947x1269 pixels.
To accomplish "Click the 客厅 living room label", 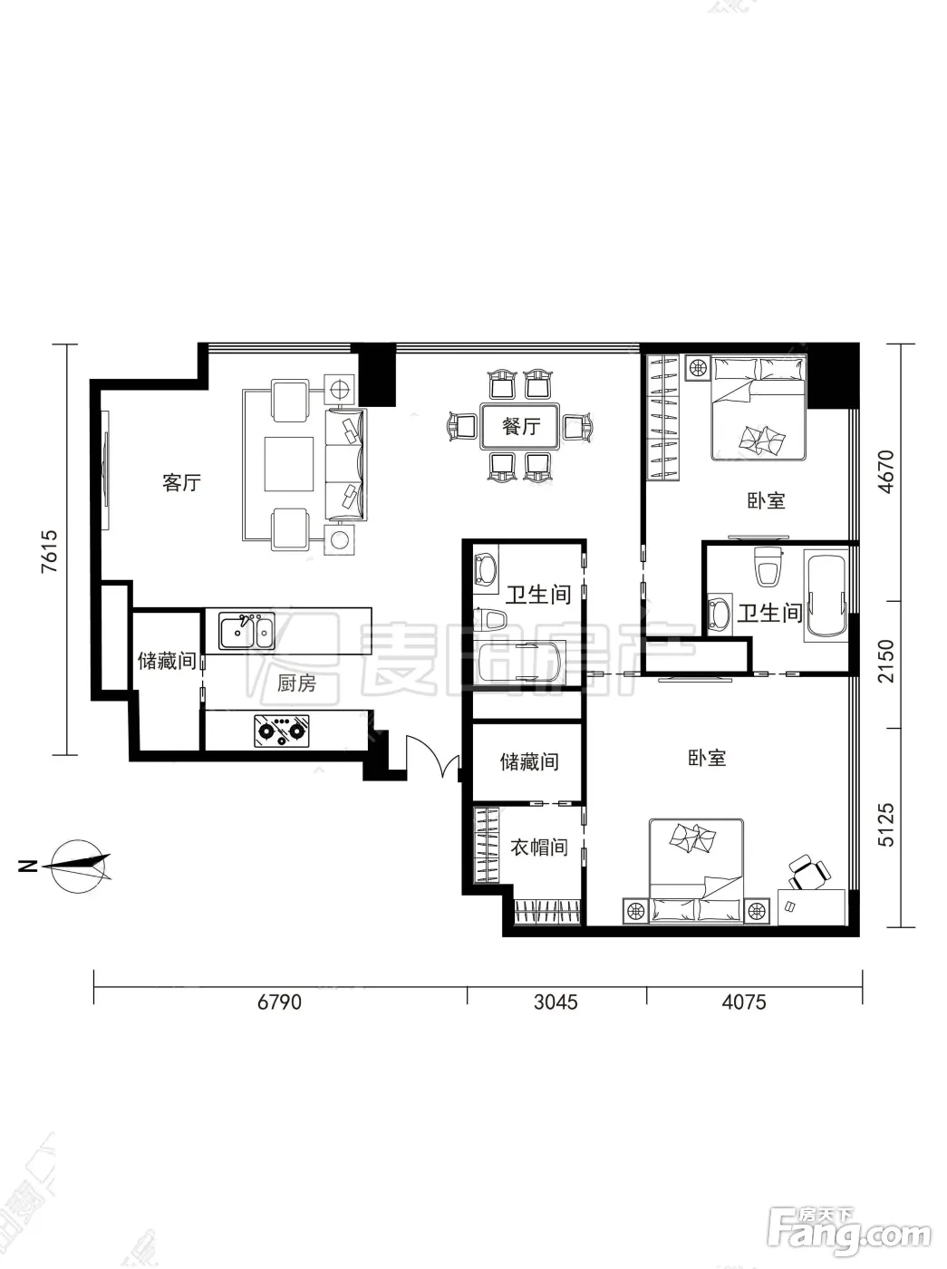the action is pos(181,482).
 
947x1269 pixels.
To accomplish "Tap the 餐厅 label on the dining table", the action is pos(520,427).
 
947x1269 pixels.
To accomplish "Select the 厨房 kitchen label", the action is pos(296,683).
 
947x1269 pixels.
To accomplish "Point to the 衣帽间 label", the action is pos(538,848).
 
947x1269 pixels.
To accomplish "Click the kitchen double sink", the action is pos(246,631).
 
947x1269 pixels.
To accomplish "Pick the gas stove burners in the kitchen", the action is pos(282,731).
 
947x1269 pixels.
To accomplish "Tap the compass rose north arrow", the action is pos(81,865).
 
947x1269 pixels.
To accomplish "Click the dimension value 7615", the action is pos(50,551).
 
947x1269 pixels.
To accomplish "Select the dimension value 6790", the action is pos(280,1002).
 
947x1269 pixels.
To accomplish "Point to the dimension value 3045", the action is pos(556,1002).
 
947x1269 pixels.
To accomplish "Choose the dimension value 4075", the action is pos(744,1002).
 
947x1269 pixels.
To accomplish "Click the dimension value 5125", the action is pos(885,825).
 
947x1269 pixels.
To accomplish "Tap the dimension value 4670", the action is pos(885,471).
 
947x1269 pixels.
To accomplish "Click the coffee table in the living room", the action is pos(289,464).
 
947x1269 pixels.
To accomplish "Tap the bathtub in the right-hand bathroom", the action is pos(826,596).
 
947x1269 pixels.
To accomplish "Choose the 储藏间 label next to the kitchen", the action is pos(167,660).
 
